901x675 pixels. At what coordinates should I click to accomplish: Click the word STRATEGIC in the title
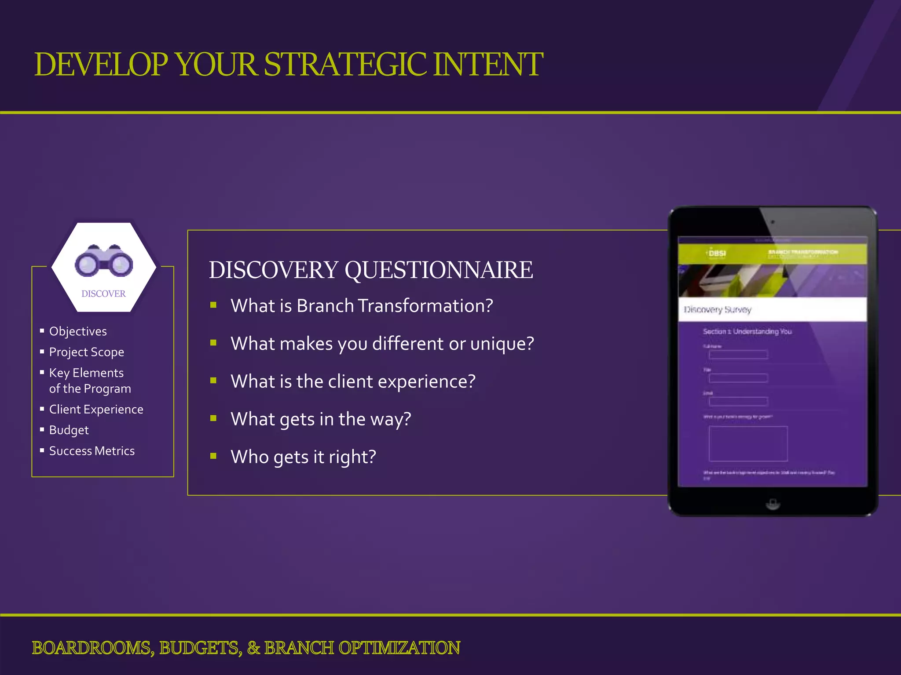(x=345, y=65)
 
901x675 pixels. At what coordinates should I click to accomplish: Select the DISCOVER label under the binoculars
(x=103, y=294)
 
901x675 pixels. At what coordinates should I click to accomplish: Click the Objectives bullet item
(x=78, y=331)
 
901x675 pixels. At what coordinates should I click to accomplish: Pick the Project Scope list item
(x=87, y=352)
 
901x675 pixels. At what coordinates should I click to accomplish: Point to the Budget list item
(x=69, y=430)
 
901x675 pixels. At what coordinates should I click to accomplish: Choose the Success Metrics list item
(x=92, y=451)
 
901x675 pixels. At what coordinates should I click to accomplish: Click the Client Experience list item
(x=96, y=409)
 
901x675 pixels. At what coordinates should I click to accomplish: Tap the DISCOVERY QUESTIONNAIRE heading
(x=370, y=270)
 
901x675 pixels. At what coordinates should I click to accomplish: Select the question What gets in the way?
(x=321, y=419)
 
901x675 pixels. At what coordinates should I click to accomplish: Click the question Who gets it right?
(x=303, y=457)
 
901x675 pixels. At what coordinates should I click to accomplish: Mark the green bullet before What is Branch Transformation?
(x=213, y=305)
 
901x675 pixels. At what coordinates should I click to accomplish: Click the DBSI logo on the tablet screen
(x=717, y=254)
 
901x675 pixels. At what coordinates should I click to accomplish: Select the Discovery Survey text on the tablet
(x=718, y=310)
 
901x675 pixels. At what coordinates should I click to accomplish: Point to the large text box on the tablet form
(x=748, y=443)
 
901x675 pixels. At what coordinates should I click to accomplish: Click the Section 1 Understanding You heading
(x=747, y=331)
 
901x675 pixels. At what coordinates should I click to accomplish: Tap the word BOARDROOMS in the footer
(x=91, y=648)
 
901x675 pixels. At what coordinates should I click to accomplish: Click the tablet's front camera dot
(x=773, y=222)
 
